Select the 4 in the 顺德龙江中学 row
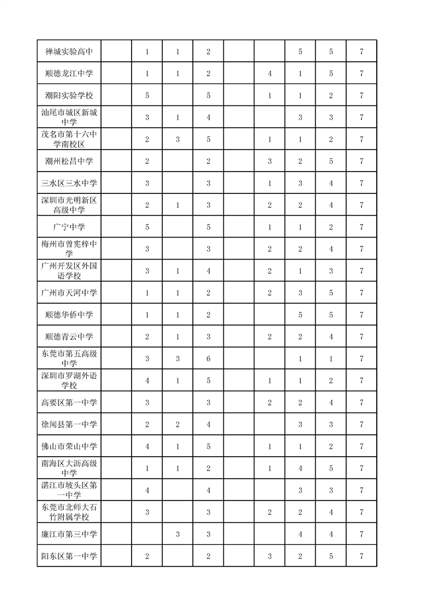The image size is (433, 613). [270, 74]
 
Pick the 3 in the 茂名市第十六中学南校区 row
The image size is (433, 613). [178, 139]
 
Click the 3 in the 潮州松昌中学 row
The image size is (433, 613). [270, 161]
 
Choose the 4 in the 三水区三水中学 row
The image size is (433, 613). [331, 184]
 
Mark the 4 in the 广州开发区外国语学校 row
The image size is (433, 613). [209, 271]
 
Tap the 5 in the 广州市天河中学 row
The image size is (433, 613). [331, 293]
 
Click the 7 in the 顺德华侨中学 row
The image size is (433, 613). [361, 315]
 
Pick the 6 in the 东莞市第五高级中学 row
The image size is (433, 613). [209, 359]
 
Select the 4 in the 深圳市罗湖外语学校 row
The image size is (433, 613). [147, 381]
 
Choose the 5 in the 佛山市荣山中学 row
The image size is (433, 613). [209, 446]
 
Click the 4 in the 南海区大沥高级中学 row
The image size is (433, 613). [300, 468]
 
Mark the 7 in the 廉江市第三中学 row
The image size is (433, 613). [361, 534]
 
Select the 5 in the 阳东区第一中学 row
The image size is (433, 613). [331, 556]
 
